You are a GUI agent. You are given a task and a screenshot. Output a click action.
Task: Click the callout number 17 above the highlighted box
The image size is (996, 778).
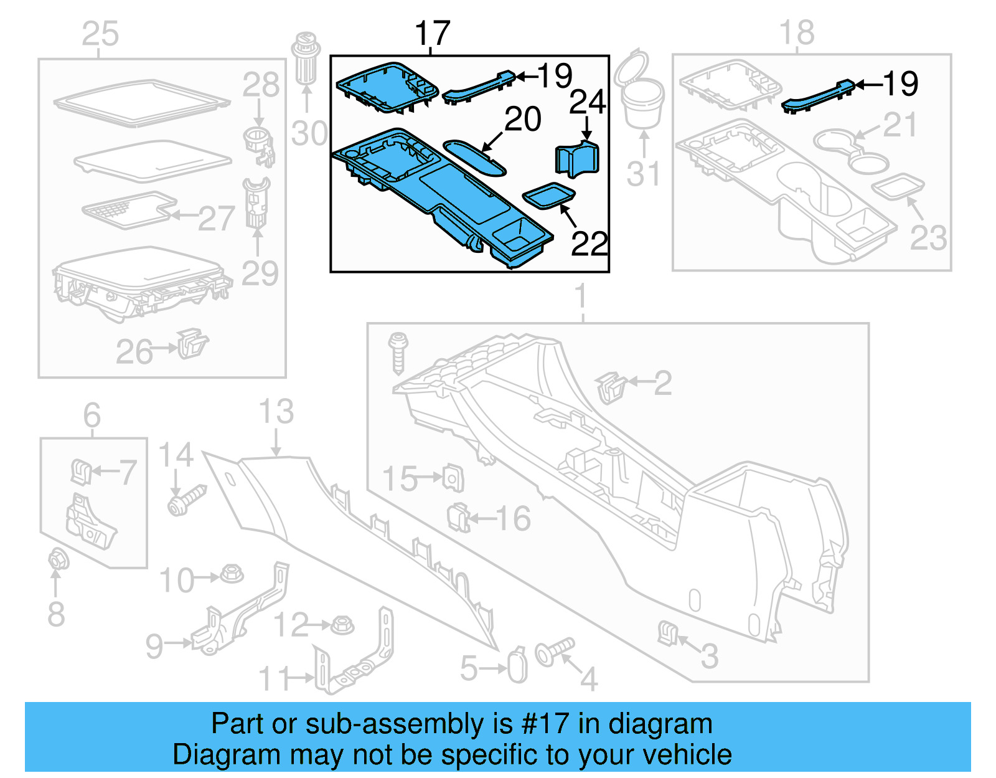click(432, 34)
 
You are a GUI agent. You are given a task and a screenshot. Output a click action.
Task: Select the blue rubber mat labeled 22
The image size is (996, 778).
click(548, 196)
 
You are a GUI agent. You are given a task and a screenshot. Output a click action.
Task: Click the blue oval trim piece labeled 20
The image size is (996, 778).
click(474, 157)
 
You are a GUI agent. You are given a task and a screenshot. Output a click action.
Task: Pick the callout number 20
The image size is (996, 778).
click(522, 119)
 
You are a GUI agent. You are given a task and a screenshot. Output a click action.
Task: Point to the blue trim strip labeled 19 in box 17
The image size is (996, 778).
click(478, 87)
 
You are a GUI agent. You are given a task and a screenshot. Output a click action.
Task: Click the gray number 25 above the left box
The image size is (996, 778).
click(100, 34)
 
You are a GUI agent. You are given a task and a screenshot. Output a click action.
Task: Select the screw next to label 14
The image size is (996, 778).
click(186, 500)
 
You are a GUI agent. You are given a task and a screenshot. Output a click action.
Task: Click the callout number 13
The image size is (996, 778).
click(276, 412)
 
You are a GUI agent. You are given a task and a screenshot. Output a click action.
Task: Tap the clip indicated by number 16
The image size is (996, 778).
click(459, 517)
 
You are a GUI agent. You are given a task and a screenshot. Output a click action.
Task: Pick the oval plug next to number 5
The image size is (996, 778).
click(517, 666)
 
